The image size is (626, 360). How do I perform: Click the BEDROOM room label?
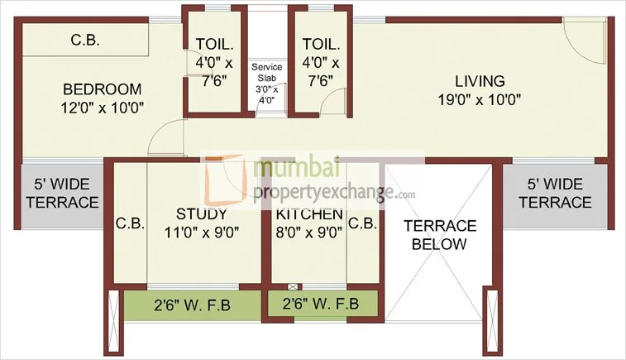click(x=103, y=89)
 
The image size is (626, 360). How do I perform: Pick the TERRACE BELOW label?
click(x=439, y=234)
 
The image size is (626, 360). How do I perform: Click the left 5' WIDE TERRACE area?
click(x=60, y=193)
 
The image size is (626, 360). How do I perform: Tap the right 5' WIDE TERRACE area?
click(x=548, y=193)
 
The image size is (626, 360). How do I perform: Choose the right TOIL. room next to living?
click(x=318, y=62)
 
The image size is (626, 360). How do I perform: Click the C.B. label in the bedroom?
click(x=85, y=40)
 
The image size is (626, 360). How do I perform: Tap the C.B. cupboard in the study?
click(x=130, y=223)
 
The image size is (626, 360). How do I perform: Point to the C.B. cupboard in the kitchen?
click(x=362, y=223)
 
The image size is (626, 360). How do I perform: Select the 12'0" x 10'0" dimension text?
click(x=103, y=106)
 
